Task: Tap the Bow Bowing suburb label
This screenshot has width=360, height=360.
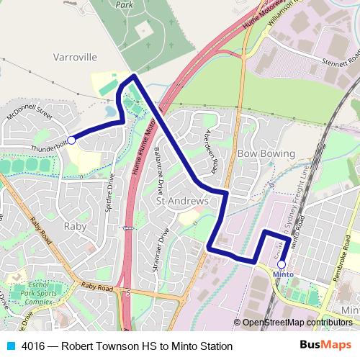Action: pyautogui.click(x=266, y=154)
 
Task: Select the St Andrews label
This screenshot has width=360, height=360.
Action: pyautogui.click(x=182, y=202)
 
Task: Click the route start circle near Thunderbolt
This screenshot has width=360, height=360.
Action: pyautogui.click(x=71, y=140)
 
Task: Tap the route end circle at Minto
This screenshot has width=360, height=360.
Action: pyautogui.click(x=281, y=264)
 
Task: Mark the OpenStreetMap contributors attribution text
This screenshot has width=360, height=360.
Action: pyautogui.click(x=297, y=323)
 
